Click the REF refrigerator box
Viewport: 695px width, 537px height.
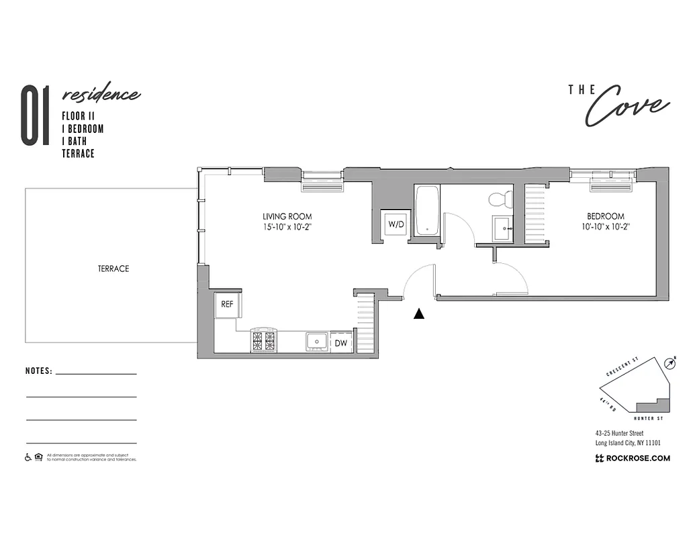click(228, 304)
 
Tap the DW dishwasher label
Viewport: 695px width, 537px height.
click(340, 343)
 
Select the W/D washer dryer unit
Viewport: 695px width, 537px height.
click(396, 224)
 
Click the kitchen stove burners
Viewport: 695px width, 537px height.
click(263, 340)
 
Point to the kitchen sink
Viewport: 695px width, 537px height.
click(316, 341)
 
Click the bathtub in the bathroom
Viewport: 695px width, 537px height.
click(427, 211)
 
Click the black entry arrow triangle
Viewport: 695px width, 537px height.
click(420, 313)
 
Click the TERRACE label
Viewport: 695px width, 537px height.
click(113, 268)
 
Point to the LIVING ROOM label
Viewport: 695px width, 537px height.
click(287, 217)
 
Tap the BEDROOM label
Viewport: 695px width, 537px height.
click(605, 217)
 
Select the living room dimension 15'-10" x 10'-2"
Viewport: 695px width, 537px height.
click(287, 228)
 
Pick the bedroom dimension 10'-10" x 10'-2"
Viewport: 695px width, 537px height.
click(605, 228)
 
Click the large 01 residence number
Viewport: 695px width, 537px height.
click(35, 115)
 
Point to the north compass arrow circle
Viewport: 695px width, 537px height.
click(669, 363)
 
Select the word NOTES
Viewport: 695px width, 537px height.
click(38, 371)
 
